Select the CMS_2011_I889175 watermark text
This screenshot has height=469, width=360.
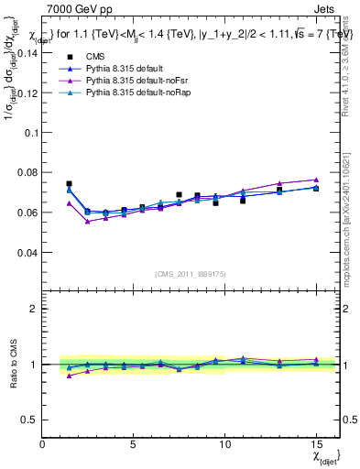tap(191, 273)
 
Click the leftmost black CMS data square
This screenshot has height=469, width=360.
tap(69, 184)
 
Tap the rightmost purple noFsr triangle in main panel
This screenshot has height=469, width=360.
tap(315, 180)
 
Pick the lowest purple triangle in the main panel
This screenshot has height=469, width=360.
tap(87, 221)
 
